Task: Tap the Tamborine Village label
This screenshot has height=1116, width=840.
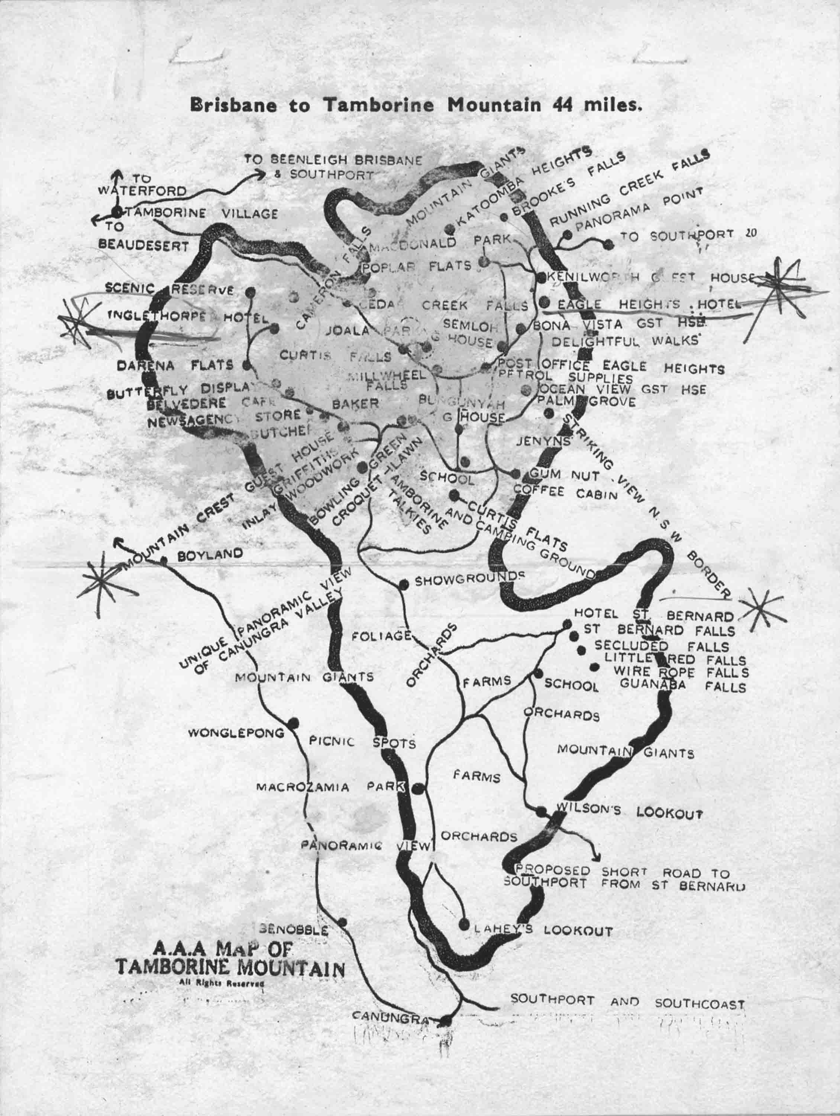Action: point(202,214)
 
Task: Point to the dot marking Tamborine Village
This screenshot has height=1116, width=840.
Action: point(117,212)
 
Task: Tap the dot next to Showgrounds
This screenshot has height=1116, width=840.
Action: point(403,585)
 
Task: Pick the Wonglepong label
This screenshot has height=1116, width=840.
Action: point(236,733)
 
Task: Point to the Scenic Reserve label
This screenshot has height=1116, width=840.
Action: point(169,289)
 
